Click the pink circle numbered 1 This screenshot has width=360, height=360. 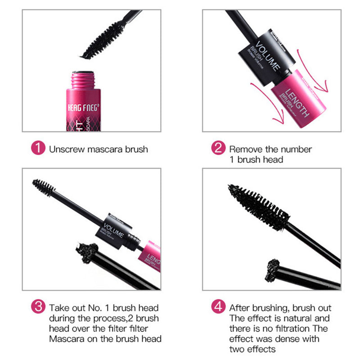(38, 148)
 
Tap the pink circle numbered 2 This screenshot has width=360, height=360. (218, 148)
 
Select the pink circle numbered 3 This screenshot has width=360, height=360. (38, 308)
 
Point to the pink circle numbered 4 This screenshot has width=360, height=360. (218, 308)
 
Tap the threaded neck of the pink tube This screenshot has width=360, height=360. (86, 78)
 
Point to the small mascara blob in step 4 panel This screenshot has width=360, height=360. (274, 265)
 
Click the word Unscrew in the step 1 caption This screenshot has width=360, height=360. (65, 149)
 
